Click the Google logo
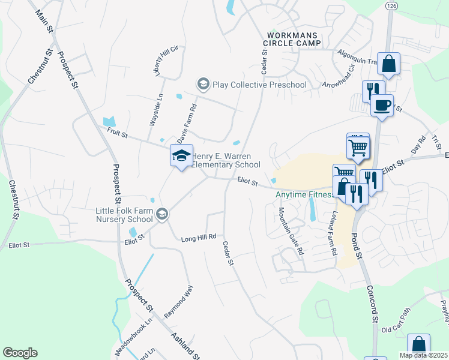20,353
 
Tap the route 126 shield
391,5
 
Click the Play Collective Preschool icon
203,85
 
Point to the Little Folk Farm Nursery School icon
161,214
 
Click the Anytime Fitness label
304,195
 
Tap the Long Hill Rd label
198,238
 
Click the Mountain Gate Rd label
291,231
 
